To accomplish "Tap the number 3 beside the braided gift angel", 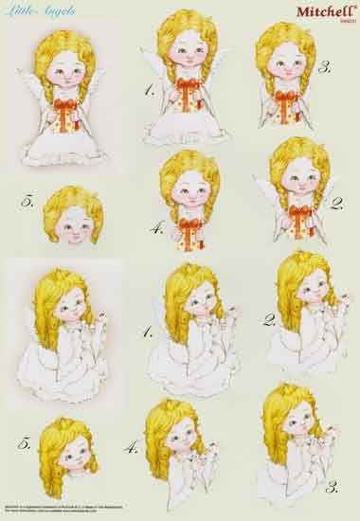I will click(x=324, y=68).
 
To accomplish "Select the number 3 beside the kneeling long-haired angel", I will click(x=332, y=488).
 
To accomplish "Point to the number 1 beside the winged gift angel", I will click(x=150, y=90).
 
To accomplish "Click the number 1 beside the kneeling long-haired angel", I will click(x=148, y=332).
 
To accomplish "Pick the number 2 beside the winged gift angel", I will click(x=335, y=203).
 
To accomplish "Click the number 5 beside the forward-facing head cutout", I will click(x=27, y=201).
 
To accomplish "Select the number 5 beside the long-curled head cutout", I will click(x=29, y=442).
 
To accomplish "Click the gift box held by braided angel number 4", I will click(x=192, y=229).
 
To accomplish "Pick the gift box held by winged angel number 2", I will click(x=297, y=218).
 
